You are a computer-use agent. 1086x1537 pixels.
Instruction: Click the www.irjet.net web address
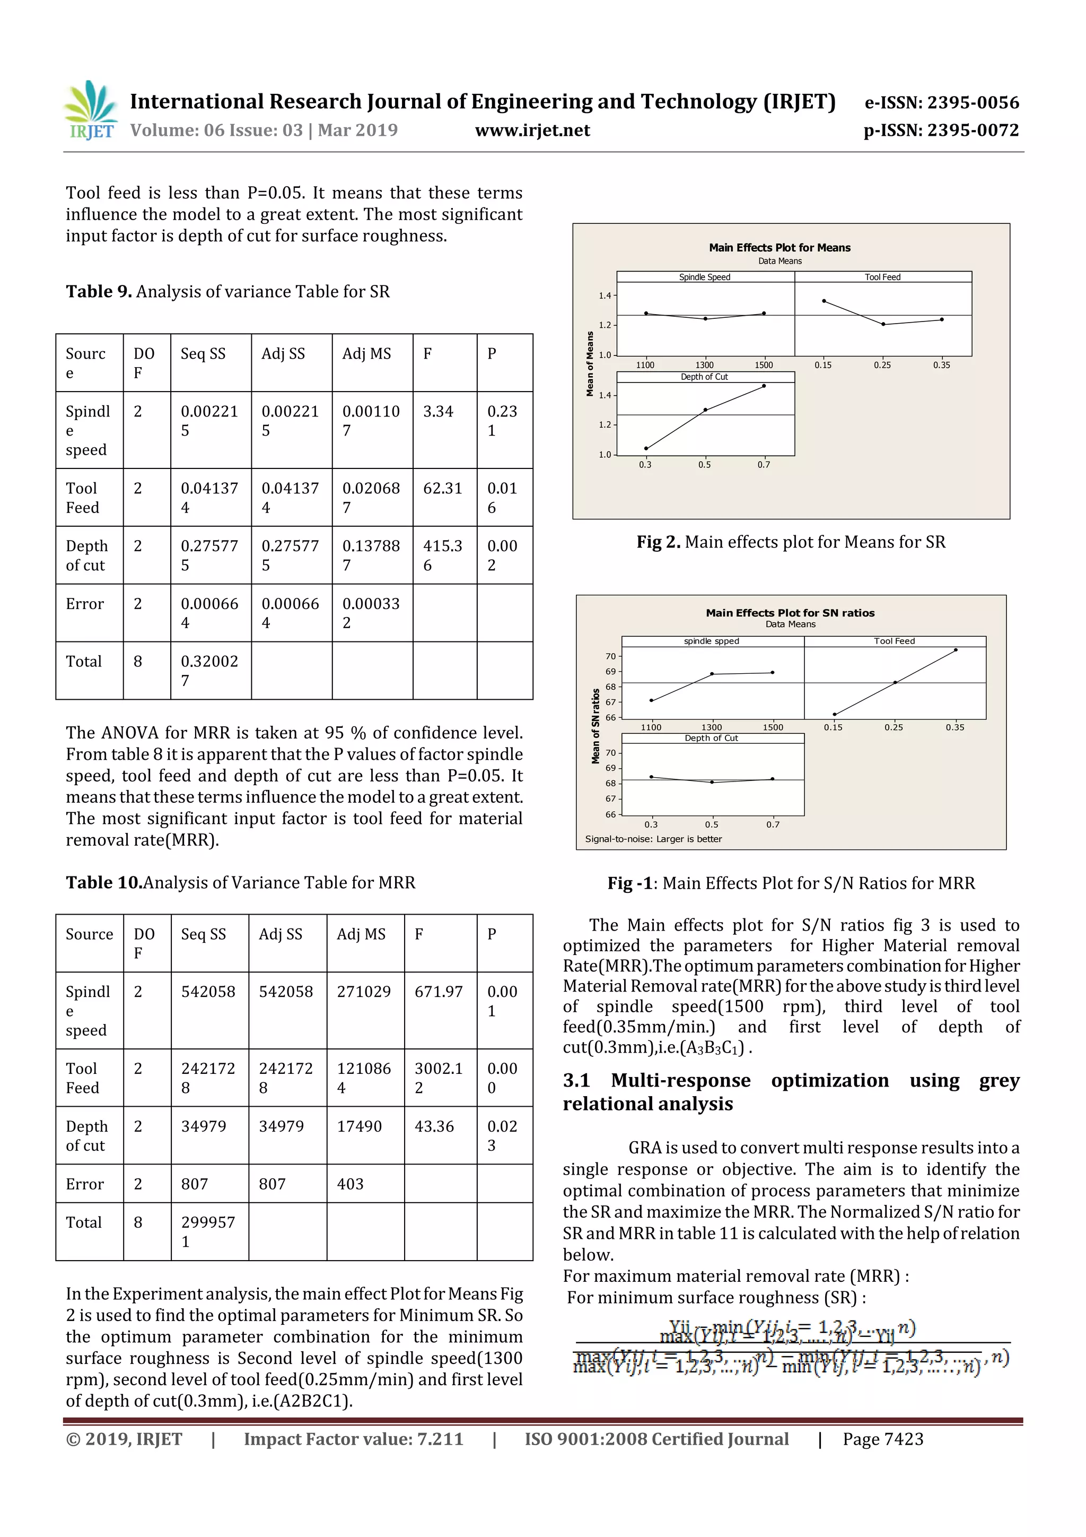click(x=532, y=130)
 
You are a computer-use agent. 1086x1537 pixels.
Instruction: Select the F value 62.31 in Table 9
click(x=442, y=488)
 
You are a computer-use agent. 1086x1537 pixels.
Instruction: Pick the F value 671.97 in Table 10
click(x=439, y=992)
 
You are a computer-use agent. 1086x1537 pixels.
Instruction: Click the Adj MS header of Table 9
click(x=366, y=353)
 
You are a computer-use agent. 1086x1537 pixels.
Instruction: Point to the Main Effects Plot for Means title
click(x=780, y=248)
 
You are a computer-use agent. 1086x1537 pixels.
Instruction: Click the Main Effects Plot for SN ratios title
click(x=790, y=613)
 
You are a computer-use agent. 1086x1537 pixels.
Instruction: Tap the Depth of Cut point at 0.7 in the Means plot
click(x=764, y=386)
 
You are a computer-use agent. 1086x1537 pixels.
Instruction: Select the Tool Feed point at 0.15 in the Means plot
click(x=824, y=301)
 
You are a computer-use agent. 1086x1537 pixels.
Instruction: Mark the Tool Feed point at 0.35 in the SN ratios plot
click(x=955, y=649)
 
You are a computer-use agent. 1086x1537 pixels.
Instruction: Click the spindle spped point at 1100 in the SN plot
click(x=651, y=700)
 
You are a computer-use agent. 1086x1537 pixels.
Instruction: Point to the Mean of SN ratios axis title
click(x=595, y=726)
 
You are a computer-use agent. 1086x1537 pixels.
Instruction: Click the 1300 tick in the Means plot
click(x=704, y=365)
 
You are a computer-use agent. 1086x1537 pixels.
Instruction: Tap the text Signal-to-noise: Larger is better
click(x=653, y=839)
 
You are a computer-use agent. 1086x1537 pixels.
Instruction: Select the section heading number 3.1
click(x=576, y=1080)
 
